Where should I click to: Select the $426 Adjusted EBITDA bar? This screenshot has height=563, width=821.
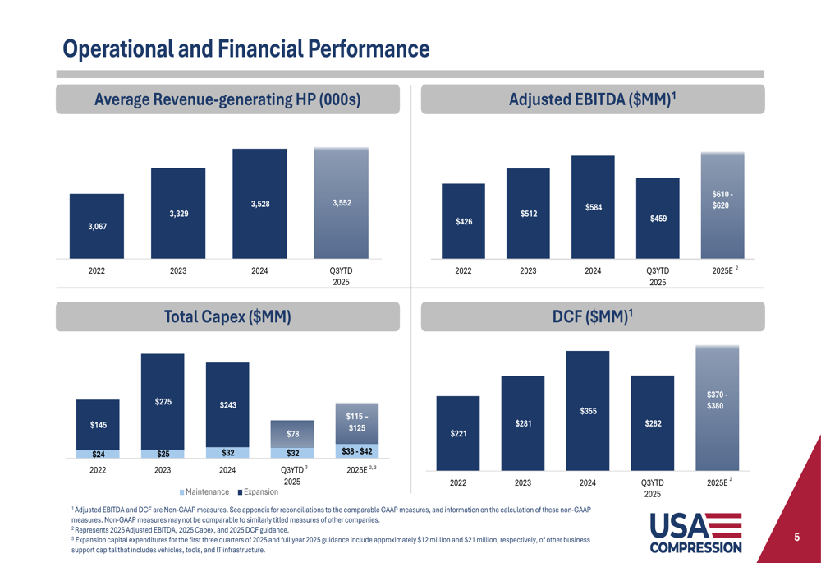(463, 220)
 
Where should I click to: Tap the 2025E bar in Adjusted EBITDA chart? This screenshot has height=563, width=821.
(722, 205)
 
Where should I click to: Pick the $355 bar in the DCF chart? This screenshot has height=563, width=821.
(588, 410)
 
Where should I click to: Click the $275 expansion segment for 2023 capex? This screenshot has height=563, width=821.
(163, 401)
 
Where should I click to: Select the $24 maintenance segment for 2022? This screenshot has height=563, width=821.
(98, 454)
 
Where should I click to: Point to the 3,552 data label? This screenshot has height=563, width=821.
(342, 203)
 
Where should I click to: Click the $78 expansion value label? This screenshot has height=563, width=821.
(292, 434)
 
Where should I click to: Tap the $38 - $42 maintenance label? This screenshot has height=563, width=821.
(356, 451)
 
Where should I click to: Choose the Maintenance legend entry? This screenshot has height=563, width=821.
(204, 492)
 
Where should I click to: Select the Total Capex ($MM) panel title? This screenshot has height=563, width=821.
(227, 316)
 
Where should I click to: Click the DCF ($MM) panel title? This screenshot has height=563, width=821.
(592, 316)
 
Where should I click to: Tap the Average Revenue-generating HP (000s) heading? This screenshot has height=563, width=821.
(227, 99)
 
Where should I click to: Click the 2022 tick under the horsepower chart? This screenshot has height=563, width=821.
(97, 270)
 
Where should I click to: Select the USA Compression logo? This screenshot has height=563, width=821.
(695, 533)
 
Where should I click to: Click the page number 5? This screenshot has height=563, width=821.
(796, 538)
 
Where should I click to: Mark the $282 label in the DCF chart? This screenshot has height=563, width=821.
(653, 423)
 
